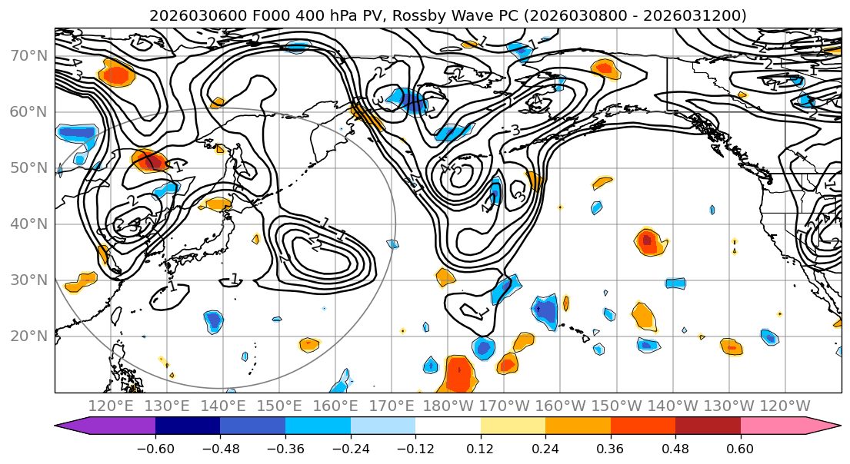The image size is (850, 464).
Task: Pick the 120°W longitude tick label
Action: [x=785, y=406]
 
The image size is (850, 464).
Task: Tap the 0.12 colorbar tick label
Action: [x=481, y=446]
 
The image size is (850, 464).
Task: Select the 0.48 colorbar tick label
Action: [x=675, y=446]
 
